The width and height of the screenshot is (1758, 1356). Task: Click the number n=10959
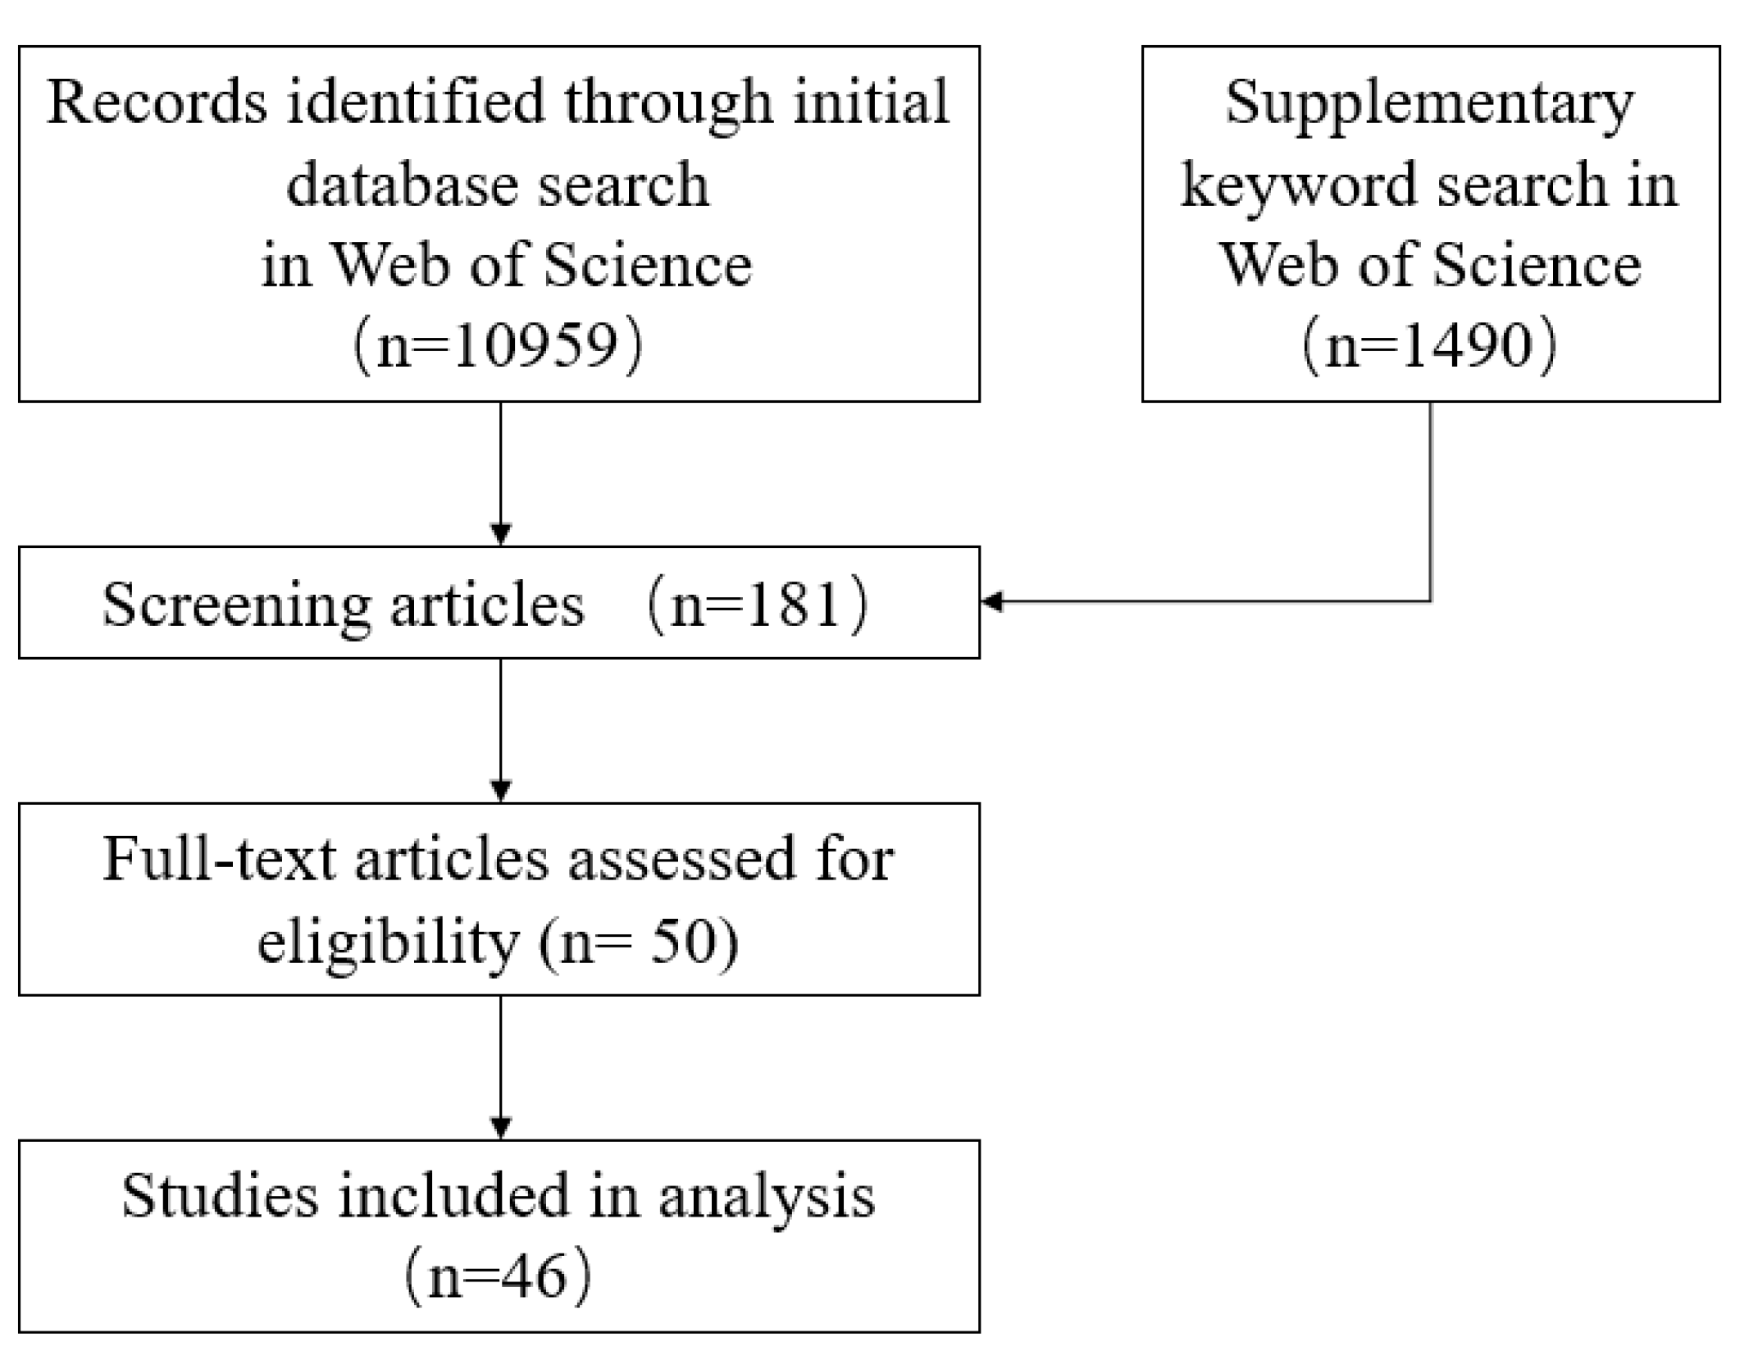tap(498, 345)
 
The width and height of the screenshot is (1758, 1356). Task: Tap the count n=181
tap(756, 605)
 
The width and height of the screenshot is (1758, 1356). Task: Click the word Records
tap(157, 103)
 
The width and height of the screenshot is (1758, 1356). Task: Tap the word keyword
tap(1300, 185)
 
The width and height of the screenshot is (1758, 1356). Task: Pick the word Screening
tap(236, 605)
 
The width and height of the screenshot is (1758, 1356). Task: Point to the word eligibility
tap(388, 943)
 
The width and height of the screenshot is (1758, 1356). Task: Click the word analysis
tap(767, 1197)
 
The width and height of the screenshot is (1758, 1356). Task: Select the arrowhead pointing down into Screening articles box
tap(500, 535)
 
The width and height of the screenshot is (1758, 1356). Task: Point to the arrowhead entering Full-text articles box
tap(500, 791)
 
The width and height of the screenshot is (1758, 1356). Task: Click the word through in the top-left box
tap(668, 104)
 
